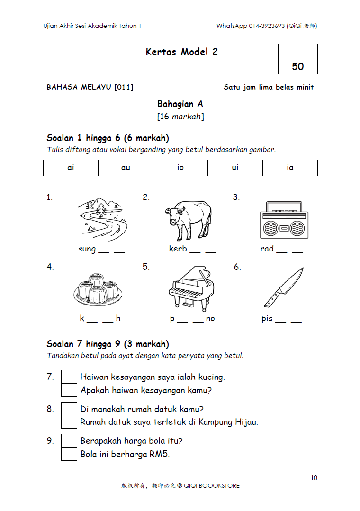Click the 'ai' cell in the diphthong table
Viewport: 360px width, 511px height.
pos(71,168)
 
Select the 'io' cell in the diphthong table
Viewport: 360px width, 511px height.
pos(180,168)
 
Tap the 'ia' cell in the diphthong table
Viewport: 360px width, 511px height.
pos(290,168)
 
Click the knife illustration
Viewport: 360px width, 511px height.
pos(283,287)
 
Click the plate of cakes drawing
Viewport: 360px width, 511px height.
pos(98,288)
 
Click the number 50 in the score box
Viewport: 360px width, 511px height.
pos(298,67)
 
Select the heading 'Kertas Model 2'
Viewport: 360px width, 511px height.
pos(181,52)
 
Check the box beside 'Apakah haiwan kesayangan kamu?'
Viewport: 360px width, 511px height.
pos(69,390)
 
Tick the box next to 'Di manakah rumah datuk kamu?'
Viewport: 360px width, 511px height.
pos(69,409)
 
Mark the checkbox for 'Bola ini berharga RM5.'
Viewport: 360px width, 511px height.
pos(69,454)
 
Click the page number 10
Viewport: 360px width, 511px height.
pos(314,478)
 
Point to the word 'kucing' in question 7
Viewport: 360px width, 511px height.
pos(210,377)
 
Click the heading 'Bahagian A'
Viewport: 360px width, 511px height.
pos(180,104)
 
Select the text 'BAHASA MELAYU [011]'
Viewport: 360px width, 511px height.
pos(90,87)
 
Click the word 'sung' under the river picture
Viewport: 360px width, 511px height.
pos(87,249)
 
